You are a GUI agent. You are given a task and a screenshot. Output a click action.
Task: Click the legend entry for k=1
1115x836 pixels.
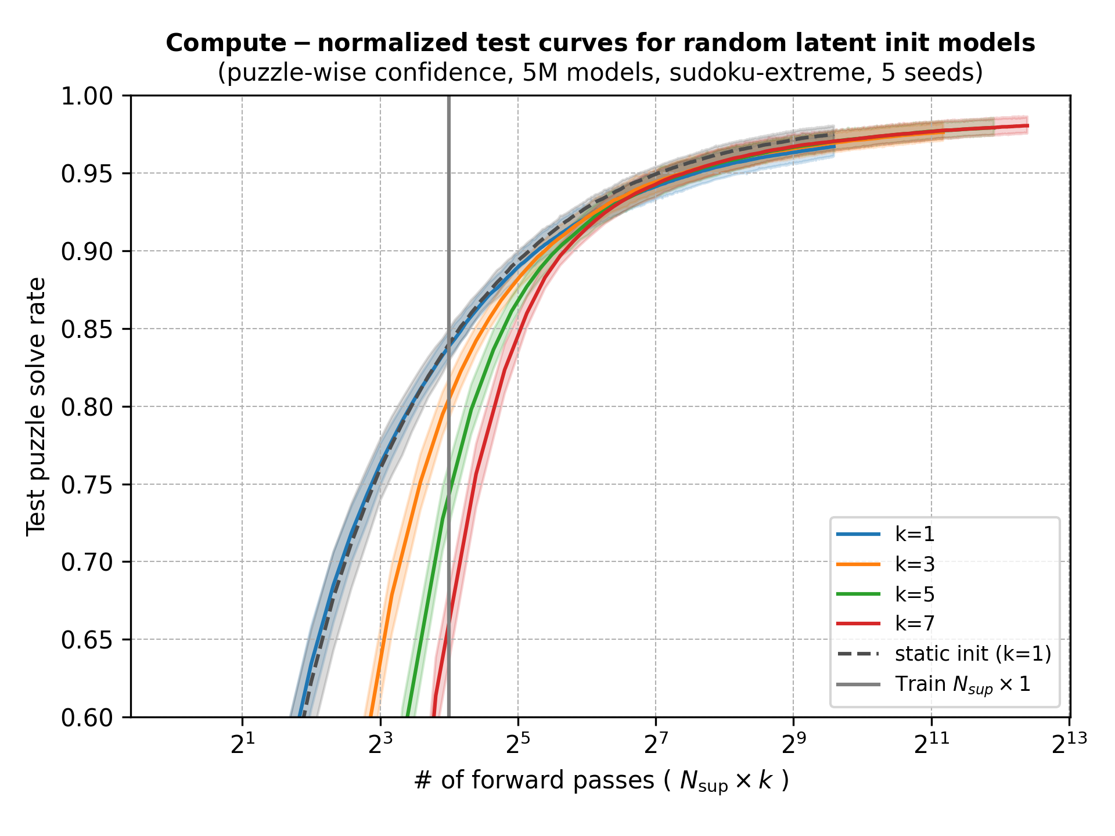click(915, 534)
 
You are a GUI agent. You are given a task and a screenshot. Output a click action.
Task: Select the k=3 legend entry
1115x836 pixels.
click(915, 564)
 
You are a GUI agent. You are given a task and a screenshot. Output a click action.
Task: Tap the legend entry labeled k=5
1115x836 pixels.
click(915, 594)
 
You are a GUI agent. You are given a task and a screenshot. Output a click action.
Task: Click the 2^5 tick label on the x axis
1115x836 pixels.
click(517, 745)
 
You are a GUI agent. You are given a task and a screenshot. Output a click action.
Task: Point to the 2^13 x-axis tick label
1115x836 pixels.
click(1069, 745)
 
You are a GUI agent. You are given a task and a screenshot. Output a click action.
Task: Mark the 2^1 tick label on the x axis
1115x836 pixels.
click(242, 745)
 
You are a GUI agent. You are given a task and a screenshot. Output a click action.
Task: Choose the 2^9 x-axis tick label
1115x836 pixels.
click(793, 745)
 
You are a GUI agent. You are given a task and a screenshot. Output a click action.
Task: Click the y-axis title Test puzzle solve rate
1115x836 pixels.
click(36, 406)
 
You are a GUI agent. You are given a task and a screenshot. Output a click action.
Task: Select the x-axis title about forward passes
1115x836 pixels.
click(601, 781)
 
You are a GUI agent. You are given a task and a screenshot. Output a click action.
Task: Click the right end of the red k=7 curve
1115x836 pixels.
click(1027, 125)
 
